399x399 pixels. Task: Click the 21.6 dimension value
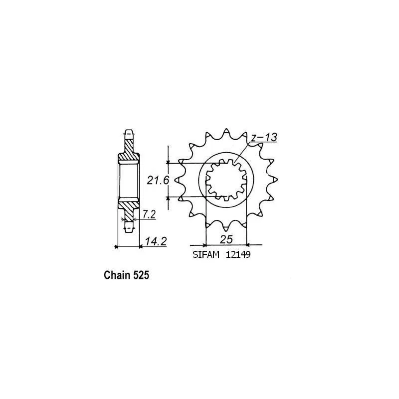point(158,181)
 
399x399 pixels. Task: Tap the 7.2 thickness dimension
point(149,214)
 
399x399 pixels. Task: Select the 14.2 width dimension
point(156,241)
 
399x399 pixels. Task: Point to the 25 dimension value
point(226,239)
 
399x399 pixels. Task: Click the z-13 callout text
point(264,138)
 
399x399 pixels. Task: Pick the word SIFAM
point(205,255)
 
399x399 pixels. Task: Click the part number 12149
point(238,255)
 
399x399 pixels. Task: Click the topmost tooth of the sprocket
point(226,132)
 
